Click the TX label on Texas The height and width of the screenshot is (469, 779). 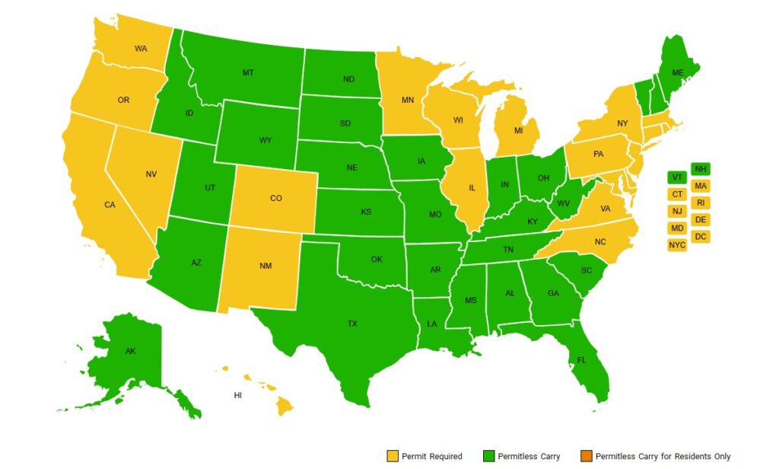point(352,324)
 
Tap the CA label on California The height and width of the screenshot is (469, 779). point(110,205)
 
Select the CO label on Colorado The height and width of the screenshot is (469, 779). point(276,198)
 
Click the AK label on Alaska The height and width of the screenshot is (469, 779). point(130,352)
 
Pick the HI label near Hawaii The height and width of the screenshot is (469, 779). point(238,396)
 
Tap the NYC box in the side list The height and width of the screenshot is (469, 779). point(677,244)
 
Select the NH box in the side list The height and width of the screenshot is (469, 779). point(701,169)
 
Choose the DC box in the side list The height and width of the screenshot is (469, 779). point(701,237)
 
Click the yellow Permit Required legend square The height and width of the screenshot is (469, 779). point(393,456)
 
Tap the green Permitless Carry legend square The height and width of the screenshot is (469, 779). point(488,456)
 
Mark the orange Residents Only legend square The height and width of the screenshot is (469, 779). point(587,456)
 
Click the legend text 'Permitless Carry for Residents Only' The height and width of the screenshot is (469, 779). point(663,456)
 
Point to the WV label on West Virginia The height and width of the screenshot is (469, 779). point(564,204)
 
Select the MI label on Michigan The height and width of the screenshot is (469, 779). point(518,130)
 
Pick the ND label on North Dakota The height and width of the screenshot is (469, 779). point(348,78)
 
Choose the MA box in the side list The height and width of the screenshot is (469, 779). point(701,186)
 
